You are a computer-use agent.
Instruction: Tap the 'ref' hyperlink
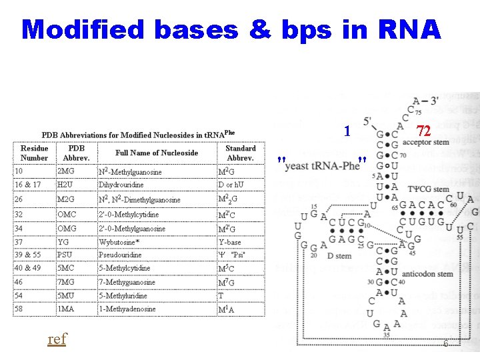57,339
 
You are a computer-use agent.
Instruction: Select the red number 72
423,131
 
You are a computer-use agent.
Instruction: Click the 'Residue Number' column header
35,153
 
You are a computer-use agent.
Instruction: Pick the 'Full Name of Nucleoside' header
157,153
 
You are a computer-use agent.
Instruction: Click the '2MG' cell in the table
67,171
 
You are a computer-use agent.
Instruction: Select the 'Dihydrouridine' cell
121,185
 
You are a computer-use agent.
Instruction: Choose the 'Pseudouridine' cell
120,255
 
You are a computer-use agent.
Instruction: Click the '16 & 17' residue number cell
28,185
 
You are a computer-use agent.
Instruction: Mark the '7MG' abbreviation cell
67,282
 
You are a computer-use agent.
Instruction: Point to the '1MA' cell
67,309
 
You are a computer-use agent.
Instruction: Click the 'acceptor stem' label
425,142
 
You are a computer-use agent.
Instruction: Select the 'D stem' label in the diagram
339,256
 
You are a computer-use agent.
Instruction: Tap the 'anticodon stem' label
428,274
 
